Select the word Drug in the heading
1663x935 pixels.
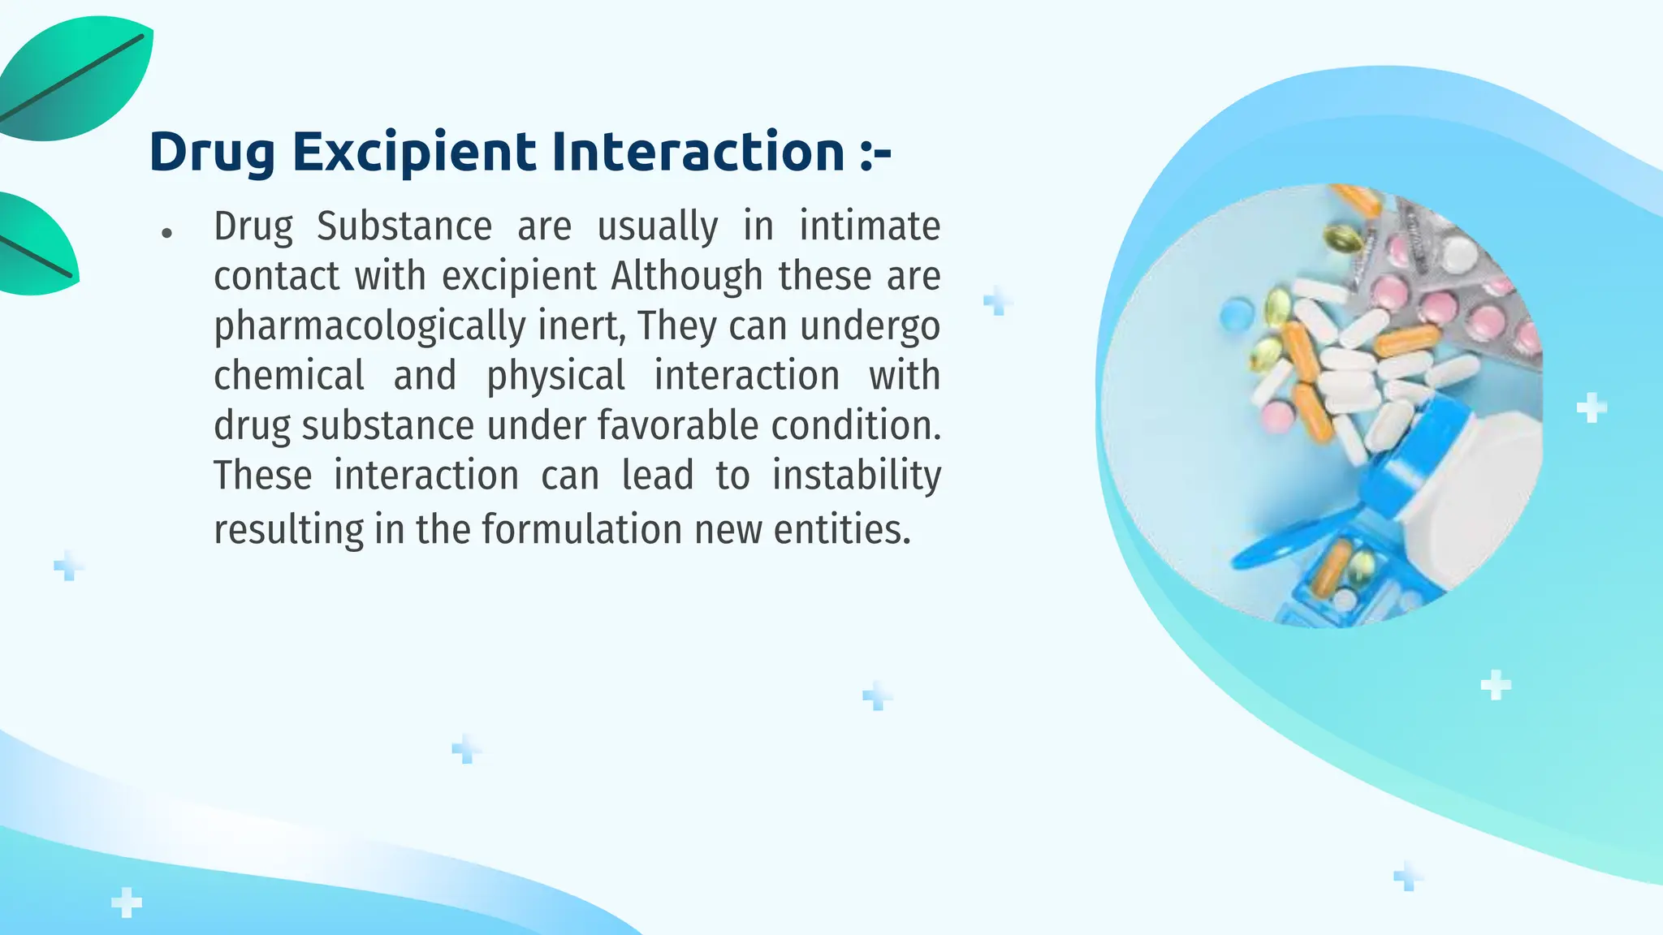[212, 153]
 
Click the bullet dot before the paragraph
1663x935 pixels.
[167, 234]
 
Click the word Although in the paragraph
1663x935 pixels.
[686, 276]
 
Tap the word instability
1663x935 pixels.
[856, 476]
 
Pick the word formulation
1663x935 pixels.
[581, 530]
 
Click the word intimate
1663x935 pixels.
[870, 226]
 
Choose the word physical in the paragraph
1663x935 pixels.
[555, 376]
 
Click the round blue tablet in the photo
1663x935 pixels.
[1237, 313]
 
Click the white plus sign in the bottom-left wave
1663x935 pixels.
[126, 903]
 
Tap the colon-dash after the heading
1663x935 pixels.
[875, 153]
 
